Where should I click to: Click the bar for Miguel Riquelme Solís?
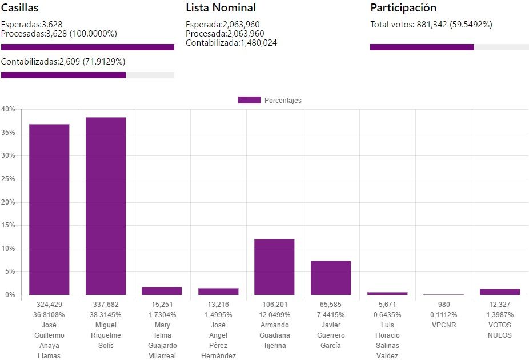pyautogui.click(x=106, y=206)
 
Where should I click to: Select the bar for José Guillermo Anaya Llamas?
pyautogui.click(x=49, y=209)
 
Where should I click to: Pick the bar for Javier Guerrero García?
pyautogui.click(x=331, y=278)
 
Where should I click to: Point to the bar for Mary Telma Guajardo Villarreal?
pyautogui.click(x=162, y=291)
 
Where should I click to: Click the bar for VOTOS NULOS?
pyautogui.click(x=500, y=292)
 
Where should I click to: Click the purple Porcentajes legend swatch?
pyautogui.click(x=249, y=100)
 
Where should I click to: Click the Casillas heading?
pyautogui.click(x=20, y=8)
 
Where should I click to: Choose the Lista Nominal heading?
pyautogui.click(x=221, y=8)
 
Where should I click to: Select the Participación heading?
pyautogui.click(x=403, y=8)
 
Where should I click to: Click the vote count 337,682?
pyautogui.click(x=106, y=305)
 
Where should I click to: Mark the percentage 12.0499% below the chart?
pyautogui.click(x=274, y=315)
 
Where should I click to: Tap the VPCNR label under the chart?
pyautogui.click(x=443, y=325)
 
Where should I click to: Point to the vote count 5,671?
pyautogui.click(x=387, y=305)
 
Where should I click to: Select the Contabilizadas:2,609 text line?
pyautogui.click(x=63, y=62)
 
